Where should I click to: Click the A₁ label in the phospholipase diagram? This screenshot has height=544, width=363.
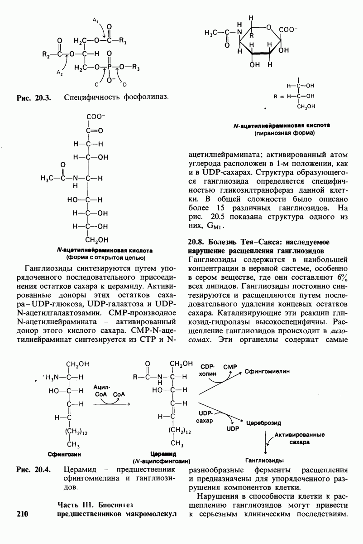95,20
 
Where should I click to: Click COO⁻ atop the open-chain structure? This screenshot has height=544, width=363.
96,117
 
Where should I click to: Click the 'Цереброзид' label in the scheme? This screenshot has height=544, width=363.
263,423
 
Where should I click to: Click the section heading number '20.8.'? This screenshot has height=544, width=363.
197,241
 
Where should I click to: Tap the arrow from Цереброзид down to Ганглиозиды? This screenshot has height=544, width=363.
265,439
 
